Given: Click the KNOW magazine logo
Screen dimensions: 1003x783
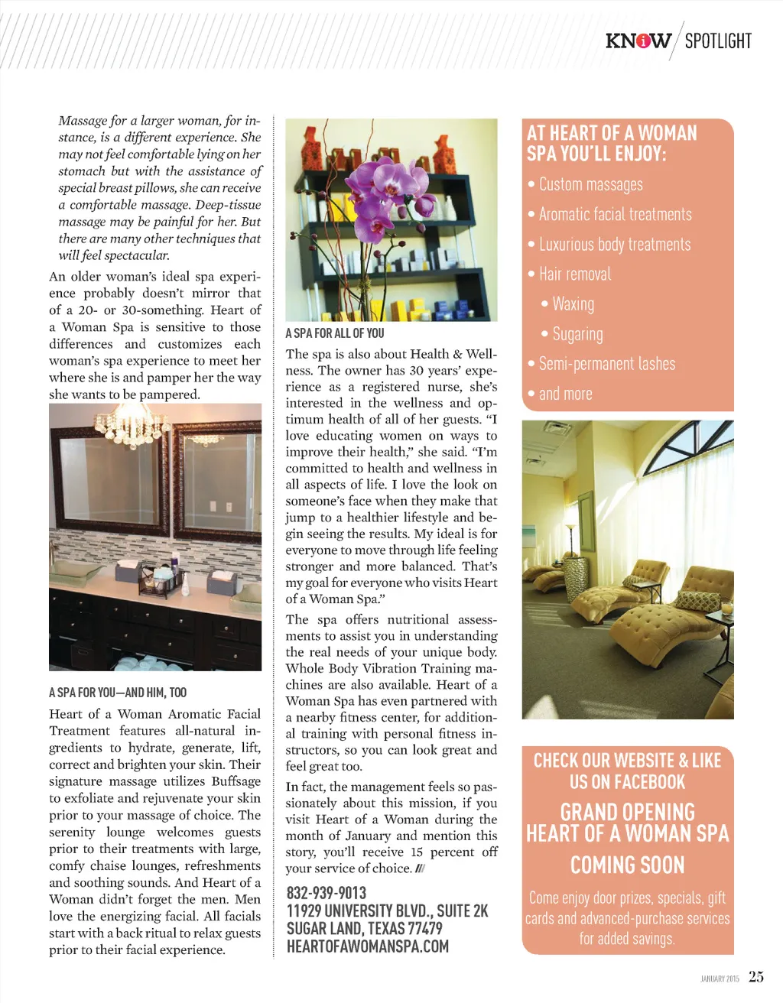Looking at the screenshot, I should (x=638, y=41).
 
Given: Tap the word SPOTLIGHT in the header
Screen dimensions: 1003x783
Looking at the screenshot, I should (x=718, y=41).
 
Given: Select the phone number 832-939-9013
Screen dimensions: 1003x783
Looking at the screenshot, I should (x=327, y=893).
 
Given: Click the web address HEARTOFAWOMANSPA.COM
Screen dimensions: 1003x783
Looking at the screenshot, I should (x=368, y=946).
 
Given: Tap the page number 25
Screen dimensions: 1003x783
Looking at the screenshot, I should (x=756, y=977).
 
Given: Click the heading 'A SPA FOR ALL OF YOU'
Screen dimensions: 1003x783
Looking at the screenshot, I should (x=335, y=333).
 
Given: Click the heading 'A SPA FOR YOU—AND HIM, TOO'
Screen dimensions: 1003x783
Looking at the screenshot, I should (x=118, y=693).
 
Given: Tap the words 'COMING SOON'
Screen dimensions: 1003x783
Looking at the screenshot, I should (x=627, y=865).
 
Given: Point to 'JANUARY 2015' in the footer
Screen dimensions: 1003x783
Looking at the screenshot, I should (x=720, y=979).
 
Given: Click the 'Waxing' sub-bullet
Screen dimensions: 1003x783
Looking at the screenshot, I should (x=573, y=304).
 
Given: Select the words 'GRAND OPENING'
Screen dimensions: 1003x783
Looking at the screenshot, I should (x=627, y=812).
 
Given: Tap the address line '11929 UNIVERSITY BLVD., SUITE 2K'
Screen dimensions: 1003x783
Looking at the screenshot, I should (x=387, y=910).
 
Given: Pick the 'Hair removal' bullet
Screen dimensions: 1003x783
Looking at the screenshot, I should (x=574, y=274).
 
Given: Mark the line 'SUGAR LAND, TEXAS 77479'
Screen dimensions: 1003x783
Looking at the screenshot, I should (x=364, y=928).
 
